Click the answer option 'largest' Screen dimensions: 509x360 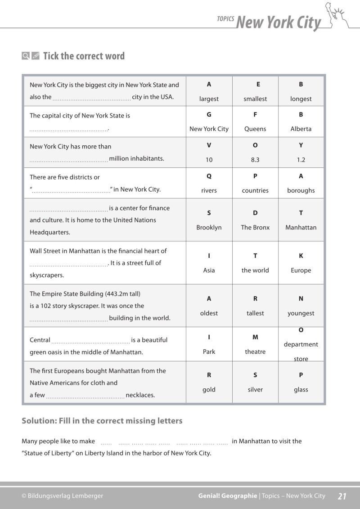pyautogui.click(x=209, y=99)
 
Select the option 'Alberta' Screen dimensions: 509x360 pyautogui.click(x=301, y=129)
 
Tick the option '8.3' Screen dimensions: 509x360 pyautogui.click(x=255, y=160)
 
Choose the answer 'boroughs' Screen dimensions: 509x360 pyautogui.click(x=301, y=190)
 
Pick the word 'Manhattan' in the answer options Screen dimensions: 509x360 pyautogui.click(x=301, y=227)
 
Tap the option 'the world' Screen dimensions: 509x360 pyautogui.click(x=255, y=270)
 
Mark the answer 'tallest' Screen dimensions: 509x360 pyautogui.click(x=255, y=313)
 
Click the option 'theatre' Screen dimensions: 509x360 pyautogui.click(x=255, y=351)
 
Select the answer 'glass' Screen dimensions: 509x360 pyautogui.click(x=301, y=390)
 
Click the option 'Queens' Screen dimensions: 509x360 pyautogui.click(x=255, y=129)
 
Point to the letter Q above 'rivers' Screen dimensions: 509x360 pyautogui.click(x=209, y=176)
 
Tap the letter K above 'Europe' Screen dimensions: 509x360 pyautogui.click(x=301, y=256)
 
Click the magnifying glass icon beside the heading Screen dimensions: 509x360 pyautogui.click(x=26, y=56)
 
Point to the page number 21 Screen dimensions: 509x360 pyautogui.click(x=342, y=496)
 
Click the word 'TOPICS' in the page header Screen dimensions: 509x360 pyautogui.click(x=225, y=19)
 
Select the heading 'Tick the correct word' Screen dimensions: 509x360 pyautogui.click(x=84, y=56)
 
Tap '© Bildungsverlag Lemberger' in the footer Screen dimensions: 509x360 pyautogui.click(x=62, y=496)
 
